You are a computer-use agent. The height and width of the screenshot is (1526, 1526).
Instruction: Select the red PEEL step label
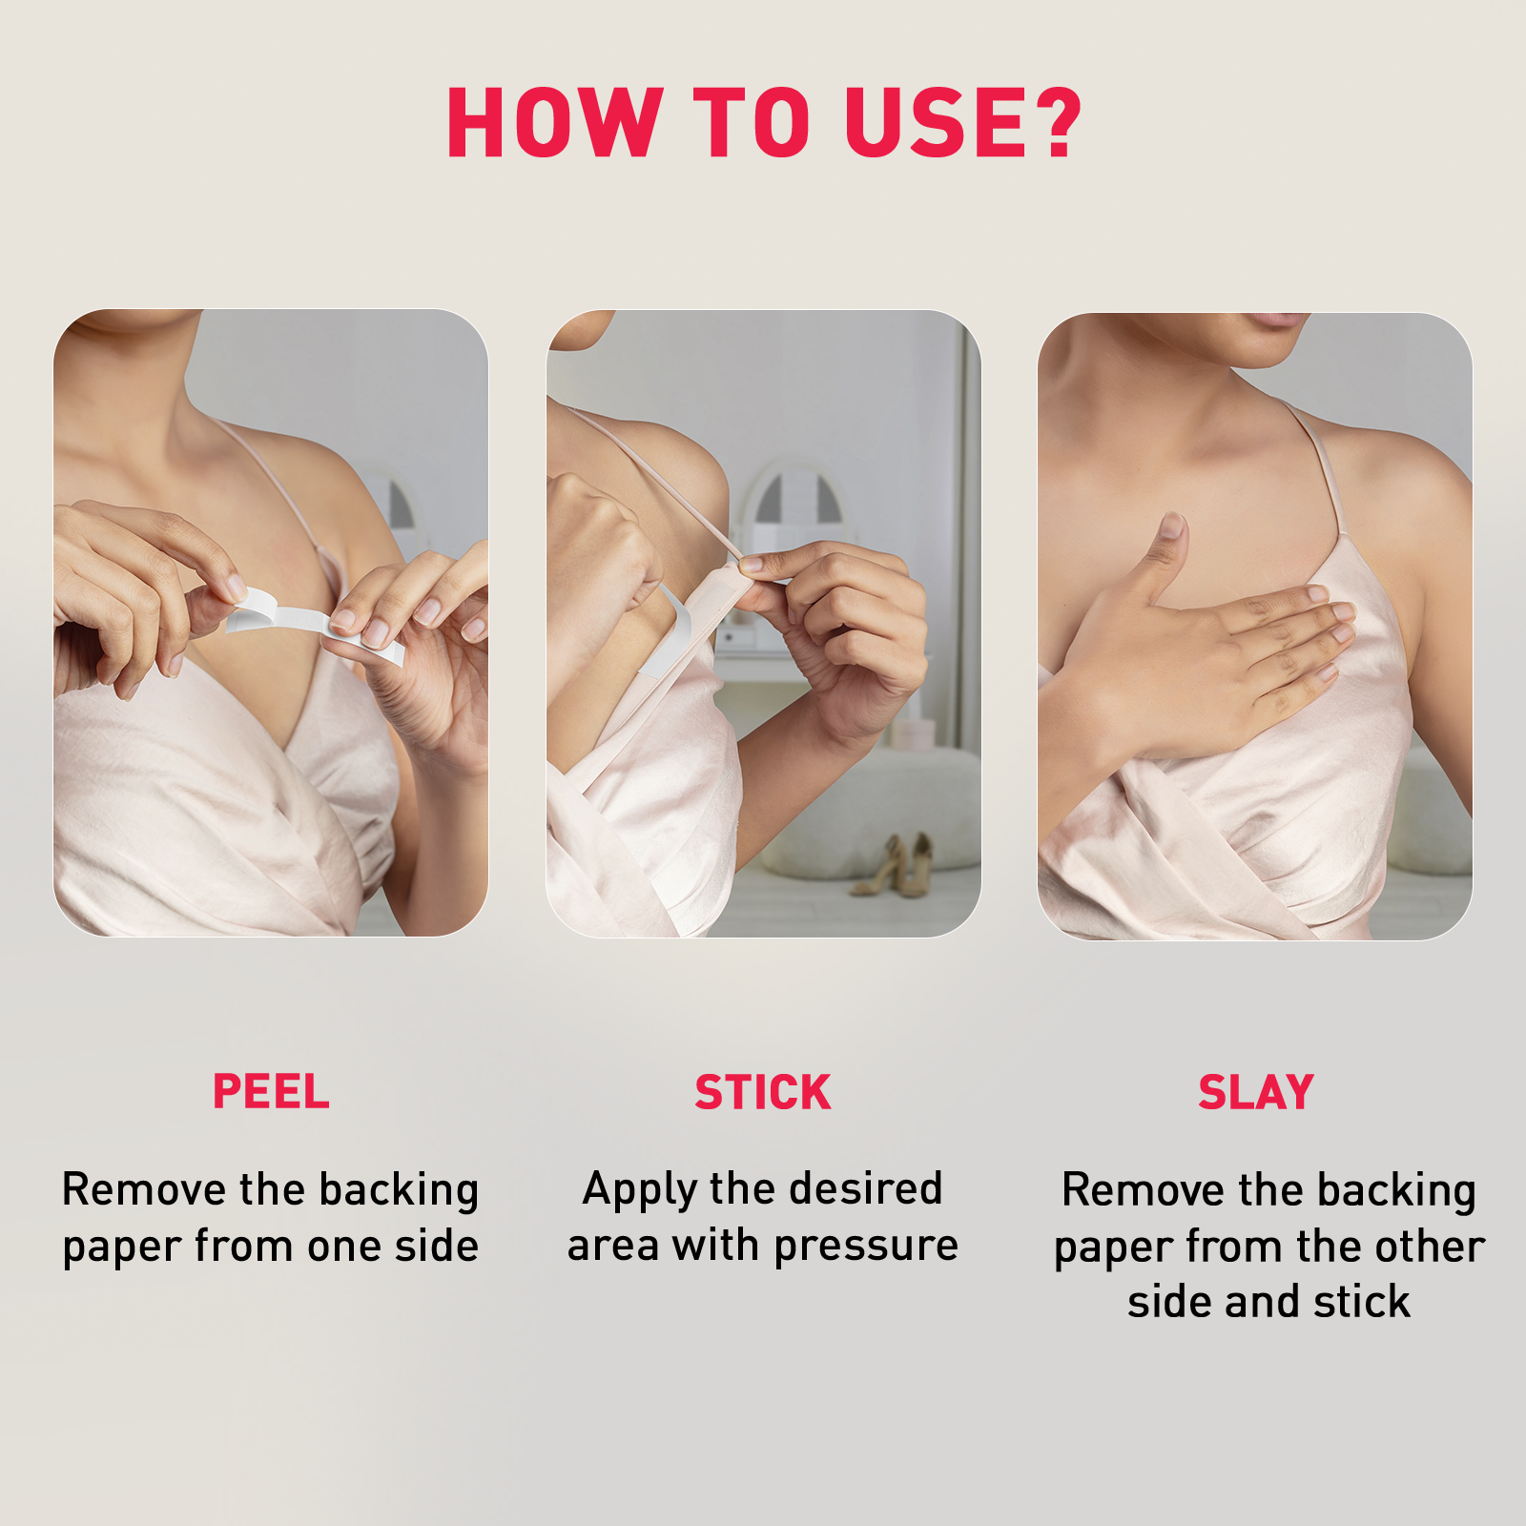(271, 1091)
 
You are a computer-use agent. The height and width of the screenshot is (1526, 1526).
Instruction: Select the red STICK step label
(762, 1092)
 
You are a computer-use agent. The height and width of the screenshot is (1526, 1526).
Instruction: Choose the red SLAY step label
(1255, 1092)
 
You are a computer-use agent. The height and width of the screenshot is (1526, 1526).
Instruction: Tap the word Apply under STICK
(641, 1190)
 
